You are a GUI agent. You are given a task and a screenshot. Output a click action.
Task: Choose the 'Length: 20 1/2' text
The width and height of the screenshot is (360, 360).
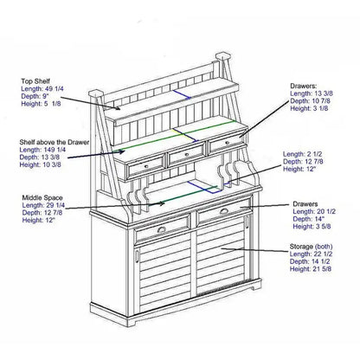[x=313, y=213]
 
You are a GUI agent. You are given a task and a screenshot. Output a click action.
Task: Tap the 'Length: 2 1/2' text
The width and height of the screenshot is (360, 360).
[x=304, y=152]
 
